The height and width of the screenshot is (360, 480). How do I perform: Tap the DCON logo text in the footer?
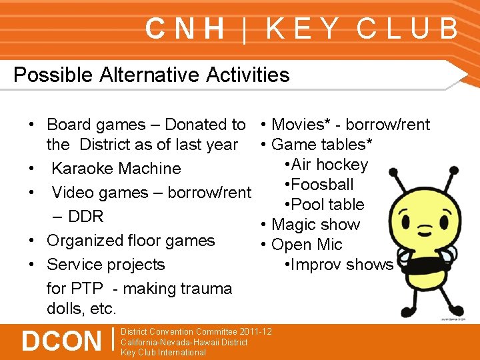[x=61, y=341]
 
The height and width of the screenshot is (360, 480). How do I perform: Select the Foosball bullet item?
[x=319, y=185]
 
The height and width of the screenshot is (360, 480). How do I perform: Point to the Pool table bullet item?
[x=324, y=205]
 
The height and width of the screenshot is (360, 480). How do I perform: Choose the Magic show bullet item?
[x=315, y=225]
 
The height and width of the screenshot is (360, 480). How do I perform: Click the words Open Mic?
[x=307, y=245]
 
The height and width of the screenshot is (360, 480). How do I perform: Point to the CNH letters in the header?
[x=185, y=29]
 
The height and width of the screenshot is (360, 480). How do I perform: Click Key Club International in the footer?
[x=163, y=352]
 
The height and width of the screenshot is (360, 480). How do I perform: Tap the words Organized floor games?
[x=131, y=241]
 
